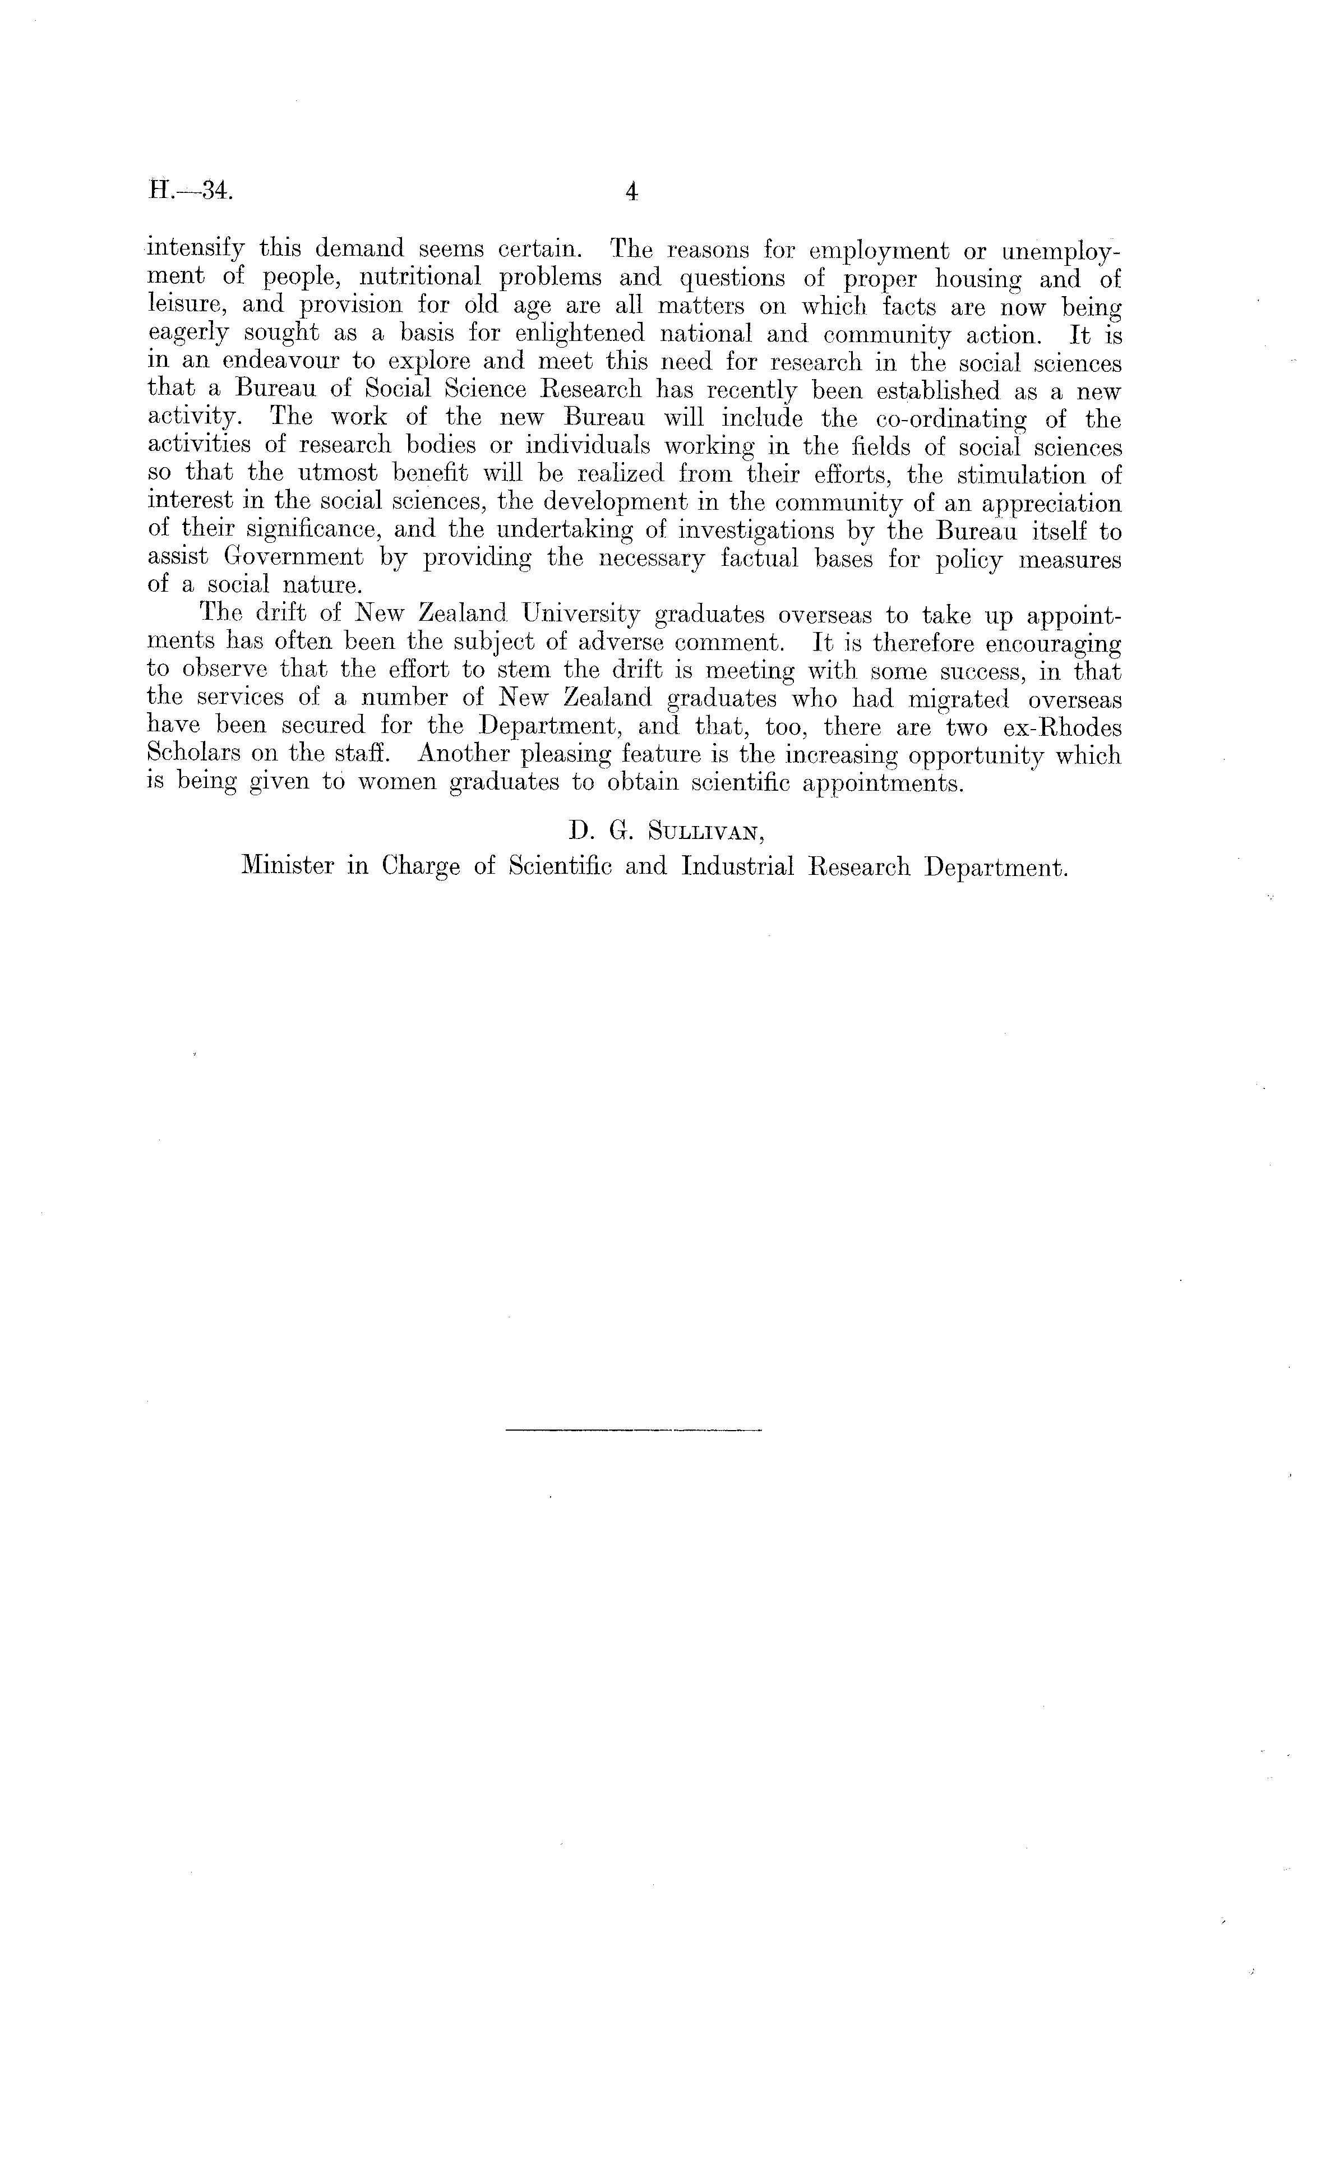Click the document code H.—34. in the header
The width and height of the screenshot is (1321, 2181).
click(x=190, y=191)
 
